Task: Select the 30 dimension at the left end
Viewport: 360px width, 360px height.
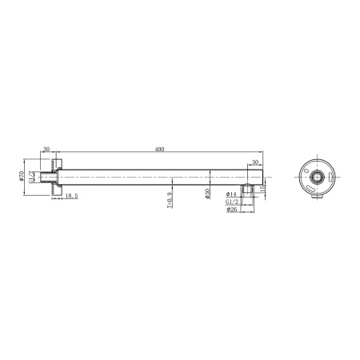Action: pyautogui.click(x=46, y=149)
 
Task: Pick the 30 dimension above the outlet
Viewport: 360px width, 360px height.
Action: pyautogui.click(x=254, y=162)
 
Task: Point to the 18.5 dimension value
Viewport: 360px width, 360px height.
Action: pyautogui.click(x=70, y=195)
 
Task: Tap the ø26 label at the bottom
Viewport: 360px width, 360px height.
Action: pyautogui.click(x=231, y=210)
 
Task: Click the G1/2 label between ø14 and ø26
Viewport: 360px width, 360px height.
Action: pyautogui.click(x=231, y=202)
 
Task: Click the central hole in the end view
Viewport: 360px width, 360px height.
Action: pyautogui.click(x=316, y=175)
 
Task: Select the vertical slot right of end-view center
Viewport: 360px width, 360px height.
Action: pyautogui.click(x=328, y=175)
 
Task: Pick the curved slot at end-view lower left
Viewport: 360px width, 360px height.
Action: pyautogui.click(x=307, y=185)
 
